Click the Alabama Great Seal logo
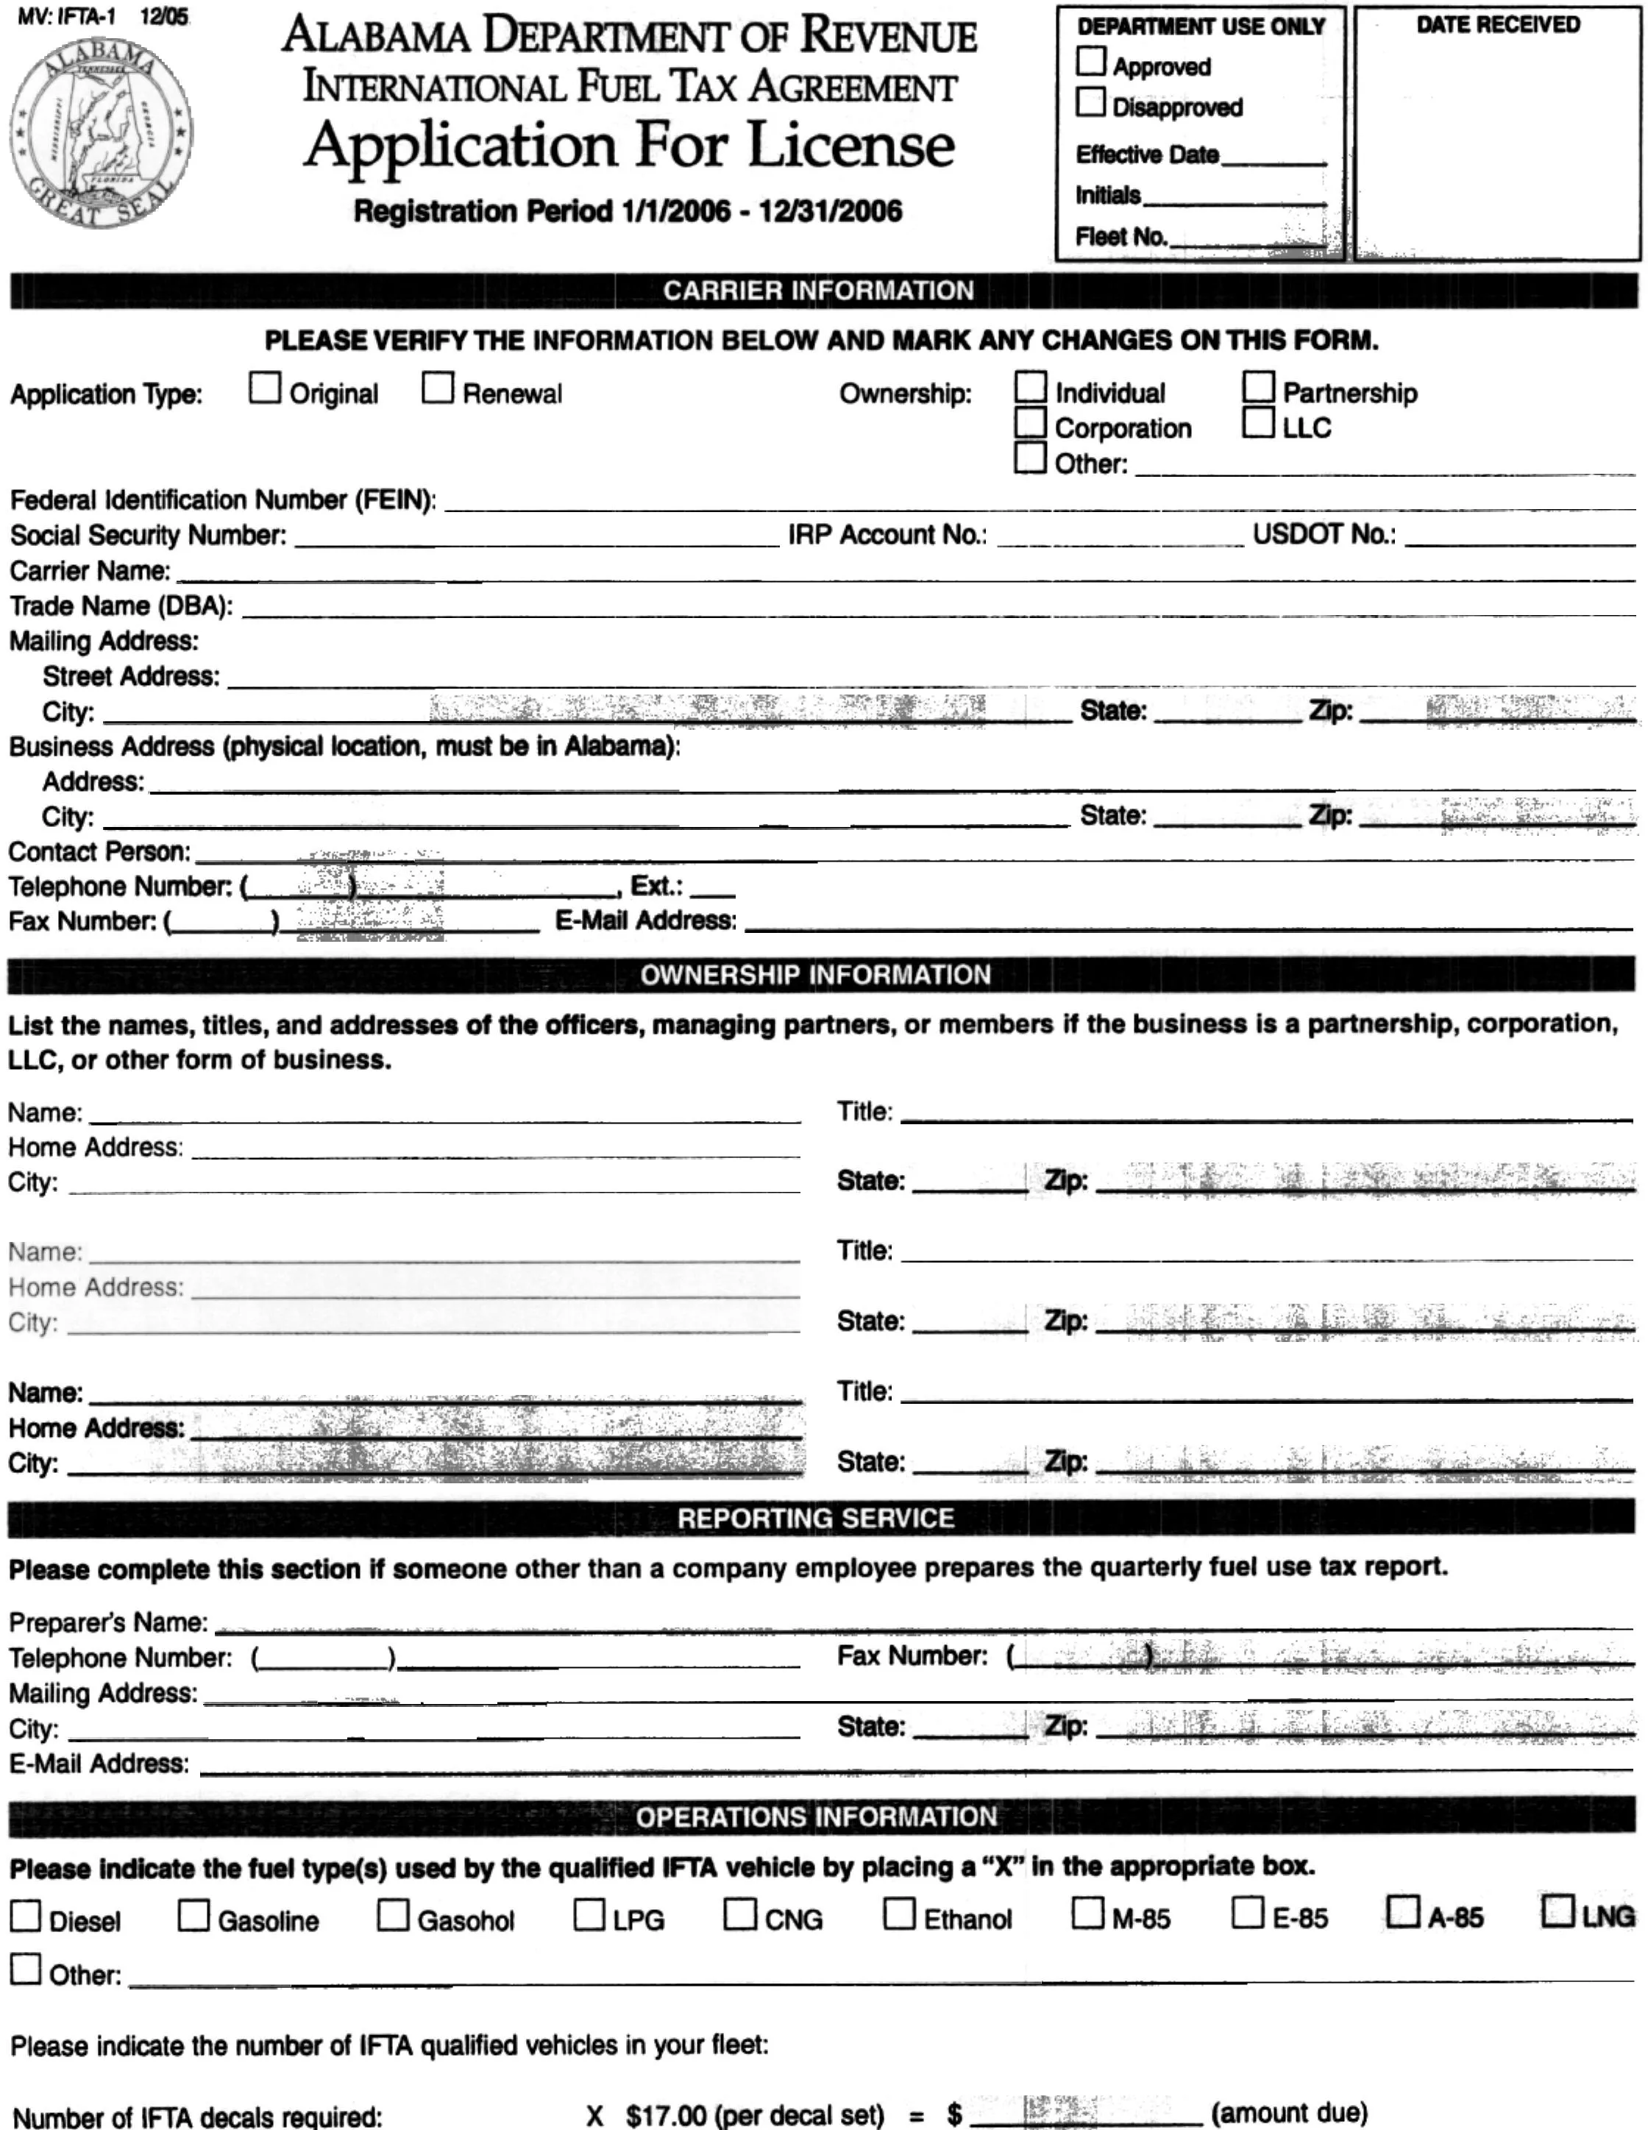[x=101, y=134]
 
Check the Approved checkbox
[x=1091, y=63]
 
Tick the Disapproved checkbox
[x=1091, y=102]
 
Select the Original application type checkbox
[x=264, y=388]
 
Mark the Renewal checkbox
[x=438, y=388]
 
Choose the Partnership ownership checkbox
[x=1258, y=387]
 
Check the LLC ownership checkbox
[x=1258, y=423]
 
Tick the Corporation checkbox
[x=1030, y=423]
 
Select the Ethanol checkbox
[x=899, y=1914]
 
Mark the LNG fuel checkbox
[x=1558, y=1911]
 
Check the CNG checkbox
[x=740, y=1914]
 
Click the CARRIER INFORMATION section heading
[x=818, y=291]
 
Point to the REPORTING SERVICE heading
[x=815, y=1519]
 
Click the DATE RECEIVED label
[x=1498, y=25]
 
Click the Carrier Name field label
[x=90, y=570]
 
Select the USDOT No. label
[x=1324, y=534]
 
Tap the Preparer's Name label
[x=108, y=1622]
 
